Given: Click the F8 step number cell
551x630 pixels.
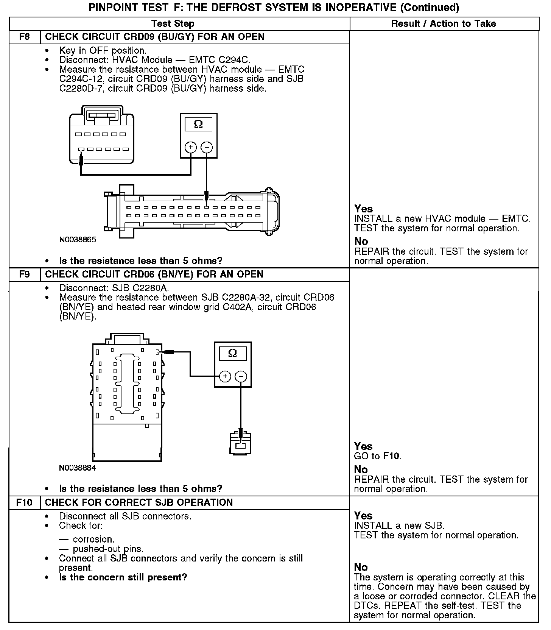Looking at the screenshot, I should tap(25, 37).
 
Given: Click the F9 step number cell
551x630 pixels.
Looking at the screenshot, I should tap(25, 274).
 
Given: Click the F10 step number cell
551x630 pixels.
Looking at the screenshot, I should tap(25, 502).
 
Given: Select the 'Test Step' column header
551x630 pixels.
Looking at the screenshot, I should tap(173, 23).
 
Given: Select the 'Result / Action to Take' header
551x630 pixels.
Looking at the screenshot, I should tap(444, 23).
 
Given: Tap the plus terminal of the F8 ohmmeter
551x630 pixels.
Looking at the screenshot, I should tap(191, 147).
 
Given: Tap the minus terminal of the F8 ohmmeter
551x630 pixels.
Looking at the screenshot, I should tap(207, 147).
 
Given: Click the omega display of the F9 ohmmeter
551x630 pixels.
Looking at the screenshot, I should tap(233, 354).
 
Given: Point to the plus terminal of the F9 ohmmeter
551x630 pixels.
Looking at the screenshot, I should tap(225, 376).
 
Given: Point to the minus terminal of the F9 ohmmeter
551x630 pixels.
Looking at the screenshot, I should tap(241, 376).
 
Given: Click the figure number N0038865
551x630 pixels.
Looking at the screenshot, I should tap(78, 240).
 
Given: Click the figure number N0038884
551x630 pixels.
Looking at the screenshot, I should tap(78, 468).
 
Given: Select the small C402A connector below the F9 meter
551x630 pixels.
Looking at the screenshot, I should tap(241, 443).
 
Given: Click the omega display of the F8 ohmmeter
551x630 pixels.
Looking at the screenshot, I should tap(198, 125).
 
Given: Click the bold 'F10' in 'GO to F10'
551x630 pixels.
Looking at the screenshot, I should tap(392, 456).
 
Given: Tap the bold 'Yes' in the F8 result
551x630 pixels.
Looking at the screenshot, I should tap(363, 209).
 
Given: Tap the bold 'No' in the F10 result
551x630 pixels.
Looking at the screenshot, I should tap(361, 567).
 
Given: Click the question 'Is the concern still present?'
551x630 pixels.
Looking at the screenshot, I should tap(123, 577).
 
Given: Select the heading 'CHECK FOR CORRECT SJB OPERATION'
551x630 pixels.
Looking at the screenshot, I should tap(139, 502).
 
